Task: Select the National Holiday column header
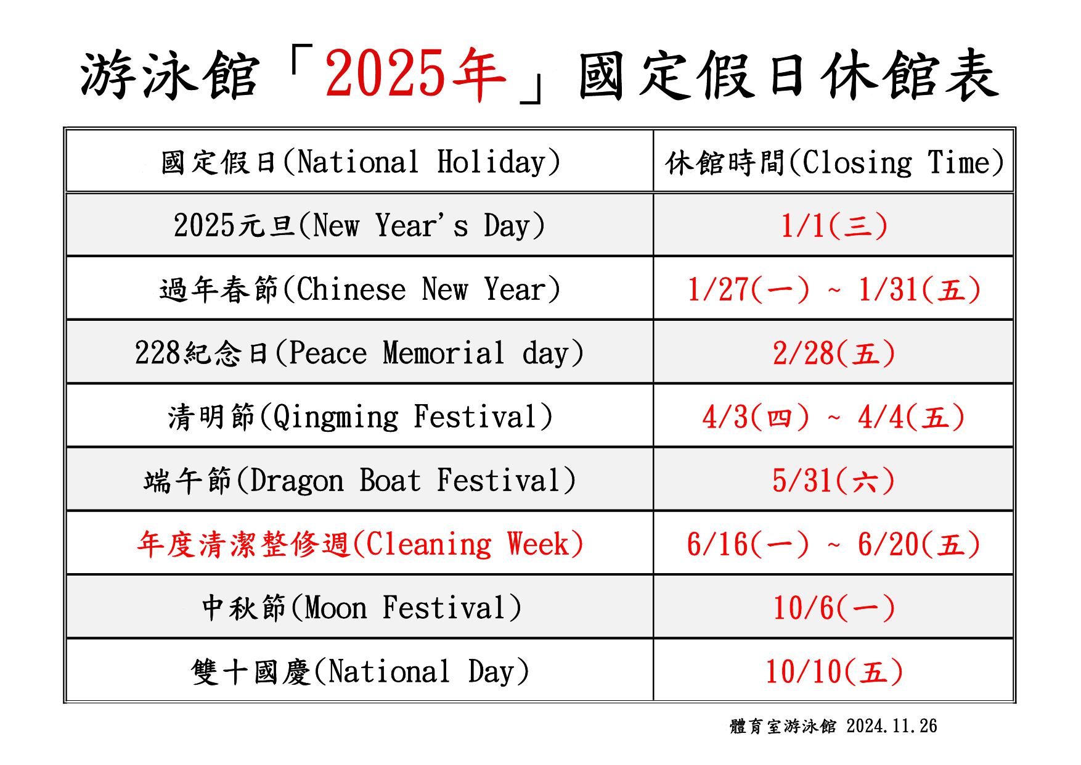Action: pyautogui.click(x=361, y=162)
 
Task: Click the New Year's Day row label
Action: pyautogui.click(x=360, y=225)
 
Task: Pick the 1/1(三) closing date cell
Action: pyautogui.click(x=834, y=226)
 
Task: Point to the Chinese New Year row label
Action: pyautogui.click(x=360, y=289)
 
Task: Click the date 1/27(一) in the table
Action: pyautogui.click(x=748, y=289)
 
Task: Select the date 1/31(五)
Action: pyautogui.click(x=920, y=289)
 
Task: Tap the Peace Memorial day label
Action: pyautogui.click(x=359, y=353)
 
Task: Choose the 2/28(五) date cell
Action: pyautogui.click(x=834, y=354)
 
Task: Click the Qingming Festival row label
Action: pyautogui.click(x=360, y=416)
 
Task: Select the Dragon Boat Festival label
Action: pyautogui.click(x=360, y=481)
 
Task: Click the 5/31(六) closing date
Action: pyautogui.click(x=834, y=481)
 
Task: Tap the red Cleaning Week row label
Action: pyautogui.click(x=360, y=544)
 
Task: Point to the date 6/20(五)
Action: pyautogui.click(x=919, y=544)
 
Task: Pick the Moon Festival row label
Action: pyautogui.click(x=362, y=608)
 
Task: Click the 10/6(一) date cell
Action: pyautogui.click(x=834, y=608)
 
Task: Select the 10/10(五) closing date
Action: pyautogui.click(x=834, y=672)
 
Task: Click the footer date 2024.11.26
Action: pyautogui.click(x=892, y=726)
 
